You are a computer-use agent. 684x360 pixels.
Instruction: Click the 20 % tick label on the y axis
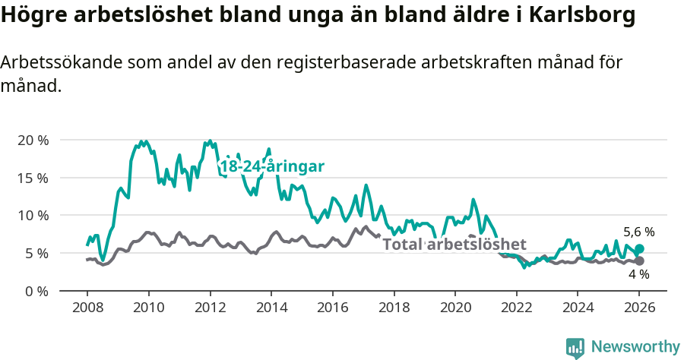pos(32,141)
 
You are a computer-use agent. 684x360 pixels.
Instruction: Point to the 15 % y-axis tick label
pos(32,178)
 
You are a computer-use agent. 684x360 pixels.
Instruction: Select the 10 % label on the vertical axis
pos(32,215)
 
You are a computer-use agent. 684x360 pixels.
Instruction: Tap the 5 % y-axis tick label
pos(35,253)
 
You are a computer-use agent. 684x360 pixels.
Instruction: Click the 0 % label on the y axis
pos(35,290)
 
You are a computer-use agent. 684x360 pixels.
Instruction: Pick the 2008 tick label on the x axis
pos(87,309)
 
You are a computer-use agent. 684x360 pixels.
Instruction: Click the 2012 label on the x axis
pos(209,309)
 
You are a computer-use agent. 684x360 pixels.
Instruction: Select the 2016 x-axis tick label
pos(332,309)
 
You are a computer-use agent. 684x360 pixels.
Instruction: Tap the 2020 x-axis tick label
pos(454,309)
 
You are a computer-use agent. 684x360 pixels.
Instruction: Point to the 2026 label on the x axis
pos(638,309)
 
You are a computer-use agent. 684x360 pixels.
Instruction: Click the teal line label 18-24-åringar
pos(272,166)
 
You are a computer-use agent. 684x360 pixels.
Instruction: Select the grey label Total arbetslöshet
pos(454,245)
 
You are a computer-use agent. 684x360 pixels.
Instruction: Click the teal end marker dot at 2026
pos(639,248)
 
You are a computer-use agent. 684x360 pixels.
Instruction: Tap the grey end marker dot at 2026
pos(639,261)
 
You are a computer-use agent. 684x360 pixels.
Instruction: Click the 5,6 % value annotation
pos(638,232)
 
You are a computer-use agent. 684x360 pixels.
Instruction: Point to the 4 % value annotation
pos(638,274)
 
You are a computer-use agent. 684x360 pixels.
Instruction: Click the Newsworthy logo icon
pos(575,347)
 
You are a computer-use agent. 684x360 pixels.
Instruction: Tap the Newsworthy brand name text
pos(635,347)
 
